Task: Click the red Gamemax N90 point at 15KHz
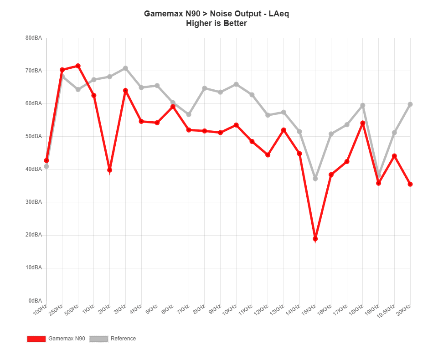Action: pos(378,183)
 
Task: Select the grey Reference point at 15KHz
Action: pos(378,175)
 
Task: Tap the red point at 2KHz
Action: pos(284,130)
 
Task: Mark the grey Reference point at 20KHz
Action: pos(410,104)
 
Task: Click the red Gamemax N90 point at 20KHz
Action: pos(410,184)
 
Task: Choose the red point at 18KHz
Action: pos(394,156)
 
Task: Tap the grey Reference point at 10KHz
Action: pos(363,106)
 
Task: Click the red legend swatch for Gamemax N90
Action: pos(36,339)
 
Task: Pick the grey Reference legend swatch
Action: pos(99,339)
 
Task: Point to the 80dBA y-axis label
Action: pos(35,38)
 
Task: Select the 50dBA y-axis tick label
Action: pos(35,137)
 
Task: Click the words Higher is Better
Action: pos(216,23)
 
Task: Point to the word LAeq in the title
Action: pos(279,14)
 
